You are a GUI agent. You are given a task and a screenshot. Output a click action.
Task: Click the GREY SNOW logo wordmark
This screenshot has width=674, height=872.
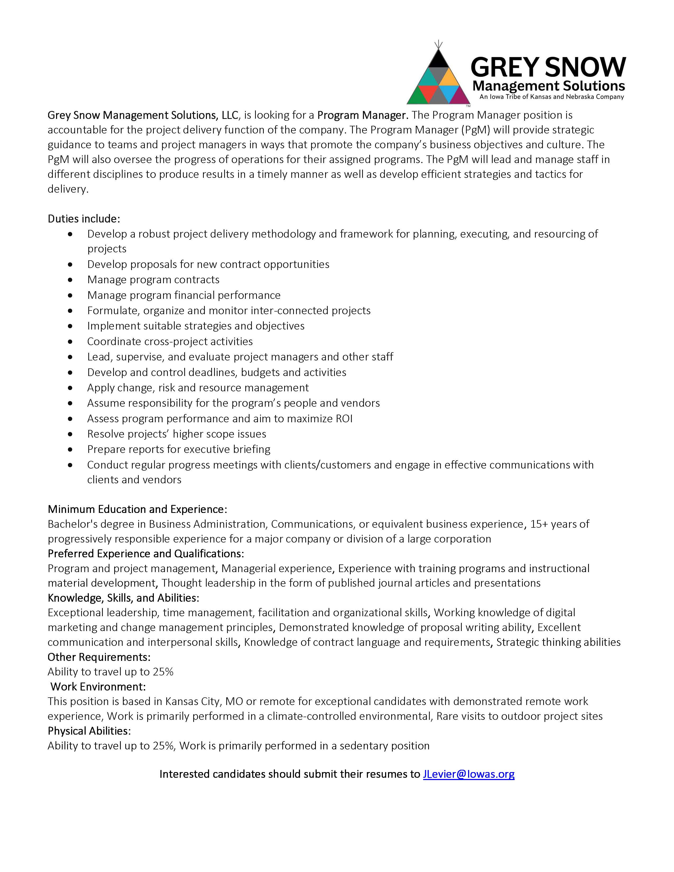[x=548, y=67]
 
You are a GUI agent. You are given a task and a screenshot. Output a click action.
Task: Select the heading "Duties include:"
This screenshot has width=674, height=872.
[x=84, y=219]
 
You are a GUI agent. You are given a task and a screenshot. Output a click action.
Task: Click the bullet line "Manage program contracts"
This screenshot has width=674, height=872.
[x=153, y=280]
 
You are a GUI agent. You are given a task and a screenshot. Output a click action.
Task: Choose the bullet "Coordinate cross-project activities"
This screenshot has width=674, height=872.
[x=170, y=341]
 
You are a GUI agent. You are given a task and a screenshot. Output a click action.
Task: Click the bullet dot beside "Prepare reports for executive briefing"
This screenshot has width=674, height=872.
[x=71, y=449]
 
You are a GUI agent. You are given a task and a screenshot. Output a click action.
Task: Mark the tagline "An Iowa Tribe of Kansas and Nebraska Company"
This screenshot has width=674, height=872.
[x=551, y=97]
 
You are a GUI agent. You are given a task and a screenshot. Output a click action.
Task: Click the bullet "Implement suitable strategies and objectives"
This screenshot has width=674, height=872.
[x=196, y=326]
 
